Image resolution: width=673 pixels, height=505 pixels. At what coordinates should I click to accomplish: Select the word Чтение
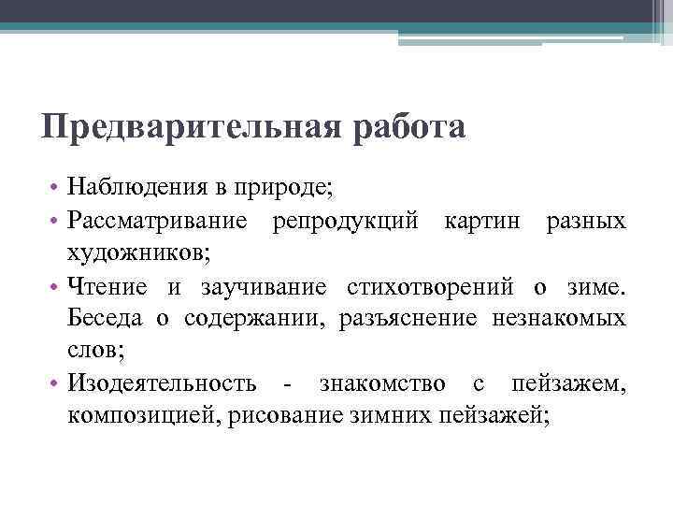pyautogui.click(x=103, y=285)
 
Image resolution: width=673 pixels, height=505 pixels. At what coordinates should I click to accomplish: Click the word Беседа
pyautogui.click(x=105, y=318)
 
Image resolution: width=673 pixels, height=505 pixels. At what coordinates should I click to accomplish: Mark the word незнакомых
pyautogui.click(x=558, y=318)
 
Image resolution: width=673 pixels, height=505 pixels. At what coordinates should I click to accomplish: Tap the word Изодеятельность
pyautogui.click(x=162, y=383)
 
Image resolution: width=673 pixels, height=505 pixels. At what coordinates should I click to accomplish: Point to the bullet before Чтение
pyautogui.click(x=57, y=286)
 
